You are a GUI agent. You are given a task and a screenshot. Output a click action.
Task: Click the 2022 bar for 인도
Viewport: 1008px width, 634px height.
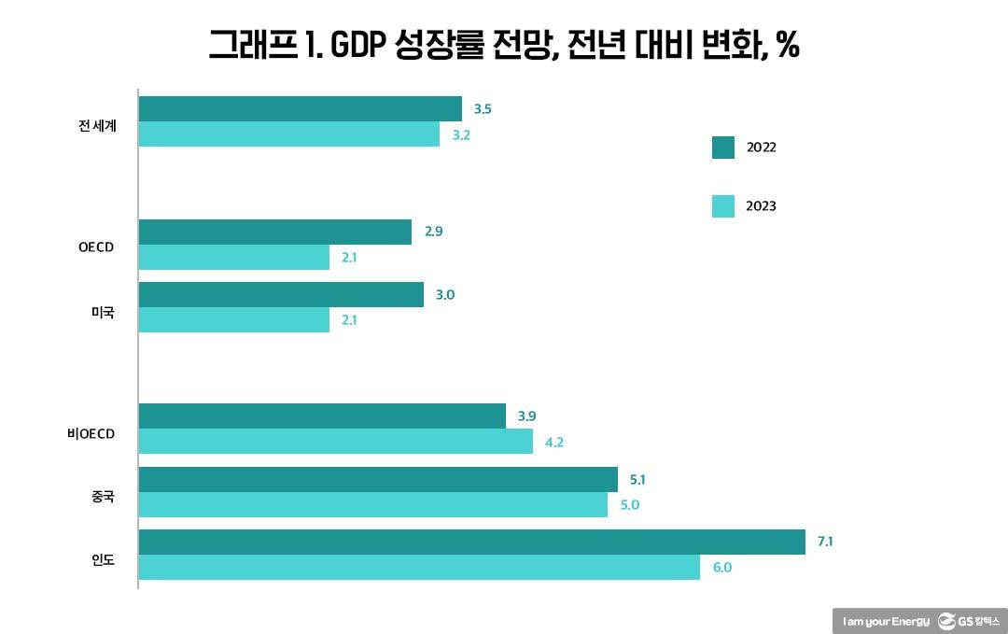click(x=471, y=542)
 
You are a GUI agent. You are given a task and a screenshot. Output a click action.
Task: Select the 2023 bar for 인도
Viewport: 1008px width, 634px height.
click(x=419, y=568)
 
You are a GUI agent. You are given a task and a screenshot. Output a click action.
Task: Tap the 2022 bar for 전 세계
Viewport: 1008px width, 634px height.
click(x=300, y=109)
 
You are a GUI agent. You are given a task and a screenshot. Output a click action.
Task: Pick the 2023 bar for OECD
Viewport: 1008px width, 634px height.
click(x=233, y=258)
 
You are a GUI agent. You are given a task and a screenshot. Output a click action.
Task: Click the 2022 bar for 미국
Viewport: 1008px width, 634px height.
click(x=281, y=295)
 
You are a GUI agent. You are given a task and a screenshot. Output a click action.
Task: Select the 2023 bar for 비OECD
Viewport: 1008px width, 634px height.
click(x=335, y=442)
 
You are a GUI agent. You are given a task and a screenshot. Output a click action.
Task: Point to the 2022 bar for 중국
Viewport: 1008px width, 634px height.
click(x=378, y=480)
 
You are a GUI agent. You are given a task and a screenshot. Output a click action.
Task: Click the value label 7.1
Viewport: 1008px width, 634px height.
click(x=825, y=542)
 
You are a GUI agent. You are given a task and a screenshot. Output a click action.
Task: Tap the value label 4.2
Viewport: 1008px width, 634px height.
click(x=553, y=442)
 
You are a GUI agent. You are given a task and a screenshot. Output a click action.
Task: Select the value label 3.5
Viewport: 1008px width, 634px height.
click(x=483, y=109)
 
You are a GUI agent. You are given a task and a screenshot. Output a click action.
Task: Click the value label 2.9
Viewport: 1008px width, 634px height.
click(x=433, y=232)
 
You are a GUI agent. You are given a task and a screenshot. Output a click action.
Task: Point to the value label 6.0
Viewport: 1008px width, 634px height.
click(x=721, y=567)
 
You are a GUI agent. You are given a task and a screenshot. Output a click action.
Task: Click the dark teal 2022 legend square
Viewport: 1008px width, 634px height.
click(x=723, y=148)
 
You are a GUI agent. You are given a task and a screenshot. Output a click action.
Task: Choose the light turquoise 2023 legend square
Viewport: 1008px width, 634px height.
click(x=723, y=206)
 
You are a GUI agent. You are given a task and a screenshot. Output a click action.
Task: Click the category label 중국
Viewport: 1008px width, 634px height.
click(x=103, y=497)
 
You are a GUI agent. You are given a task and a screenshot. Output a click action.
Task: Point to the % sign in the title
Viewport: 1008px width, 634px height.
click(x=787, y=45)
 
